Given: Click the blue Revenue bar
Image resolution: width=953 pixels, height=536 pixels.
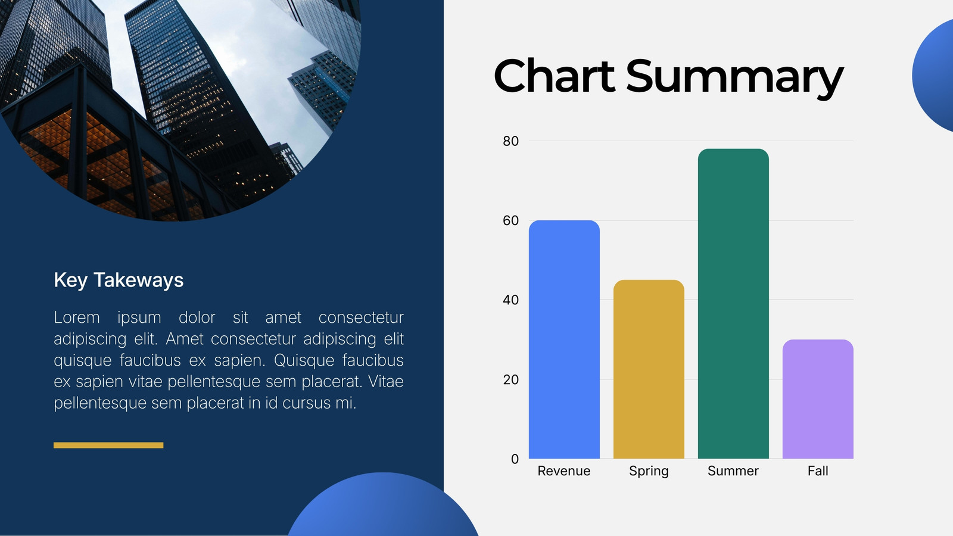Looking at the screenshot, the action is coord(564,339).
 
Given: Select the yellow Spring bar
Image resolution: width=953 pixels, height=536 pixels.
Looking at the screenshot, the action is coord(649,369).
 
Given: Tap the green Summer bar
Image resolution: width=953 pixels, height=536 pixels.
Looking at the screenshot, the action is coord(733,304).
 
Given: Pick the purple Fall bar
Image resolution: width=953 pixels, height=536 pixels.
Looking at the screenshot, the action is coord(818,399).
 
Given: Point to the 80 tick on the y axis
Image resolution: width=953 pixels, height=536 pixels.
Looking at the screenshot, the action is coord(510,141).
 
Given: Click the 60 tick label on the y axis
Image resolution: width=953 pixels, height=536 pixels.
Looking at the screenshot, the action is coord(510,220).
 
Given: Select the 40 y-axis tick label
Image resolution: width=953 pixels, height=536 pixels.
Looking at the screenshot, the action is coord(510,300).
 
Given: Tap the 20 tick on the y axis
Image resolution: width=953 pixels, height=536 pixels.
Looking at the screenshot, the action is coord(510,379).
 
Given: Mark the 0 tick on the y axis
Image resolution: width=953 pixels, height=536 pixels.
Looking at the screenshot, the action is coord(515,459).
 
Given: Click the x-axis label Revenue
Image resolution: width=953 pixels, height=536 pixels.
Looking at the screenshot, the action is coord(564,471).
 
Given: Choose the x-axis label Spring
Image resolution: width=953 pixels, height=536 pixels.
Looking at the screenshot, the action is coord(649,471).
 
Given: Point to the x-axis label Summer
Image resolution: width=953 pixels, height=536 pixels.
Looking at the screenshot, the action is coord(733,471).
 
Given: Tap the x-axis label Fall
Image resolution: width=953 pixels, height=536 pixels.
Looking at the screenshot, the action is coord(818,471).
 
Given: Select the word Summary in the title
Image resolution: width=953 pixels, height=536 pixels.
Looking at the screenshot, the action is coord(735,79).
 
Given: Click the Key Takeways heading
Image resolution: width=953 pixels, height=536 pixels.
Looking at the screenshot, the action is coord(119,281).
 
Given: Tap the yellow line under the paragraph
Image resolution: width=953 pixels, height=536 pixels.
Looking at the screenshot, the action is coord(108,445).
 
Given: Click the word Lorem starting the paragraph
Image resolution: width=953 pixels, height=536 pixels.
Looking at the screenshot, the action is coord(77,317).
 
